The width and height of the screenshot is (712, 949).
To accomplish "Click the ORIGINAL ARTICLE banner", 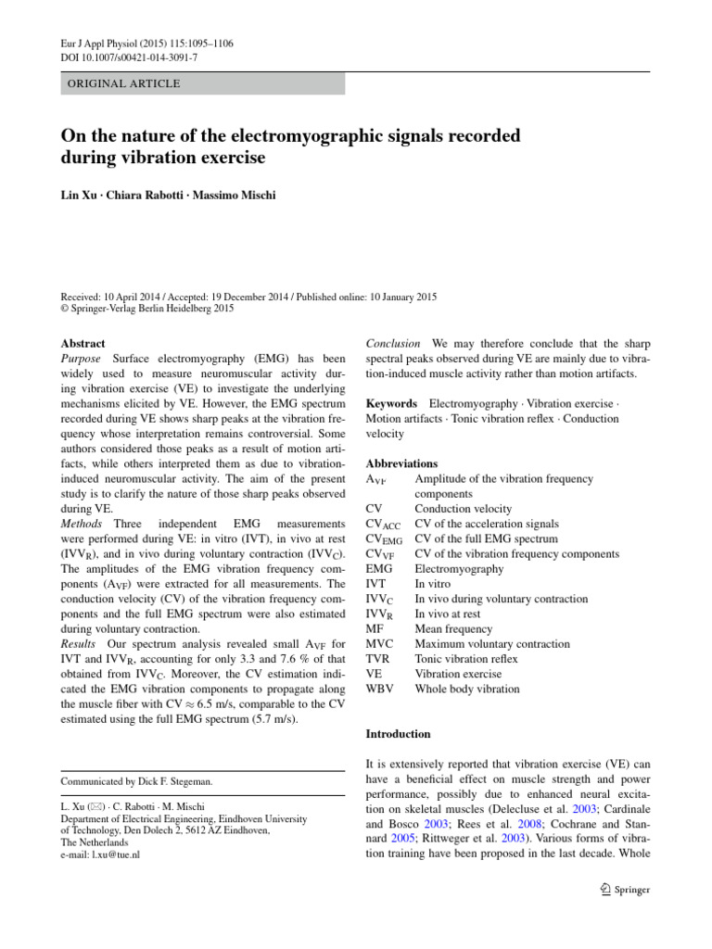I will click(121, 84).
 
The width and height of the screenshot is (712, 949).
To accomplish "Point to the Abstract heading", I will click(83, 342).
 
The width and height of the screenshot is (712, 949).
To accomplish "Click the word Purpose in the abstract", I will click(83, 358).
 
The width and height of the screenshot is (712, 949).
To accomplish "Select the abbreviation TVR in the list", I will click(379, 659).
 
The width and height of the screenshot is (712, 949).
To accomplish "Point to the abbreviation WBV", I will click(381, 689).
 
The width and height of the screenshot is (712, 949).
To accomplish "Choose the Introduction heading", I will click(399, 734).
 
